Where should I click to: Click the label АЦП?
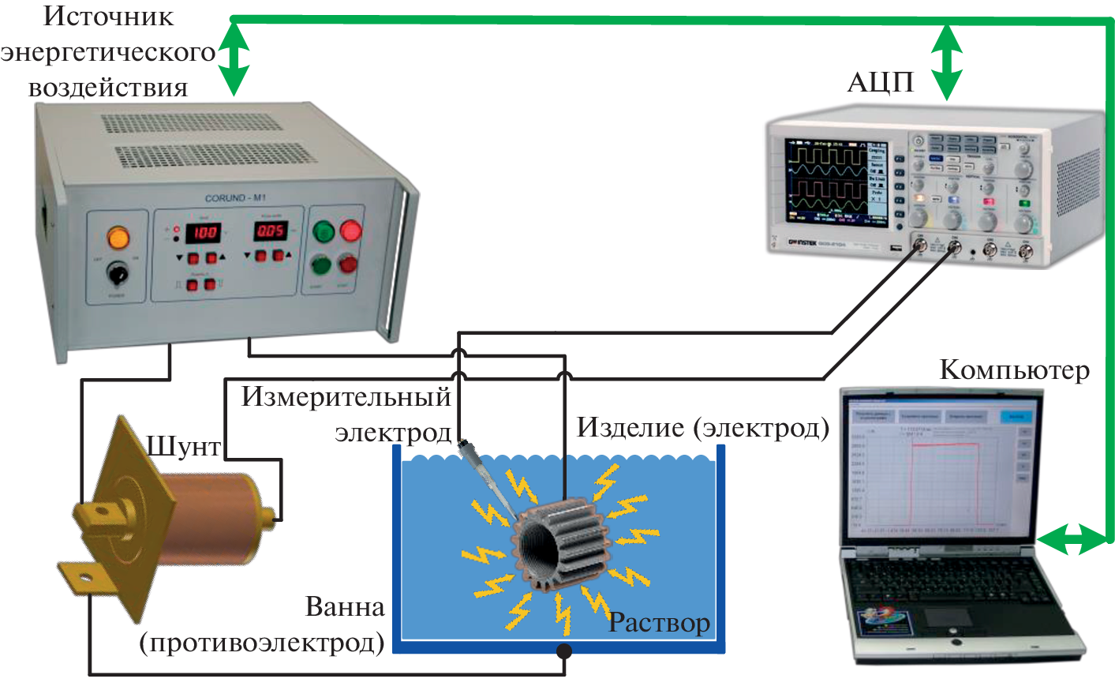880,82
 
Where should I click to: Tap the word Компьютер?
1014,369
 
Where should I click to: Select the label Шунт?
184,447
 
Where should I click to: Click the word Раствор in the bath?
660,623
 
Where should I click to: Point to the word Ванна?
345,607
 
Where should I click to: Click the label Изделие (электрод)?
702,427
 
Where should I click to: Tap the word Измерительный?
346,396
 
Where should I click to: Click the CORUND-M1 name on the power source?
235,198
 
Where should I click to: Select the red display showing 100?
203,232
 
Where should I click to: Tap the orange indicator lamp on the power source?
118,237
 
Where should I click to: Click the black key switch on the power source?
118,274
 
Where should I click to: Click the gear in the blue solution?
562,545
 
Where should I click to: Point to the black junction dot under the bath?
564,651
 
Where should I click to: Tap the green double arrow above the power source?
233,59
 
